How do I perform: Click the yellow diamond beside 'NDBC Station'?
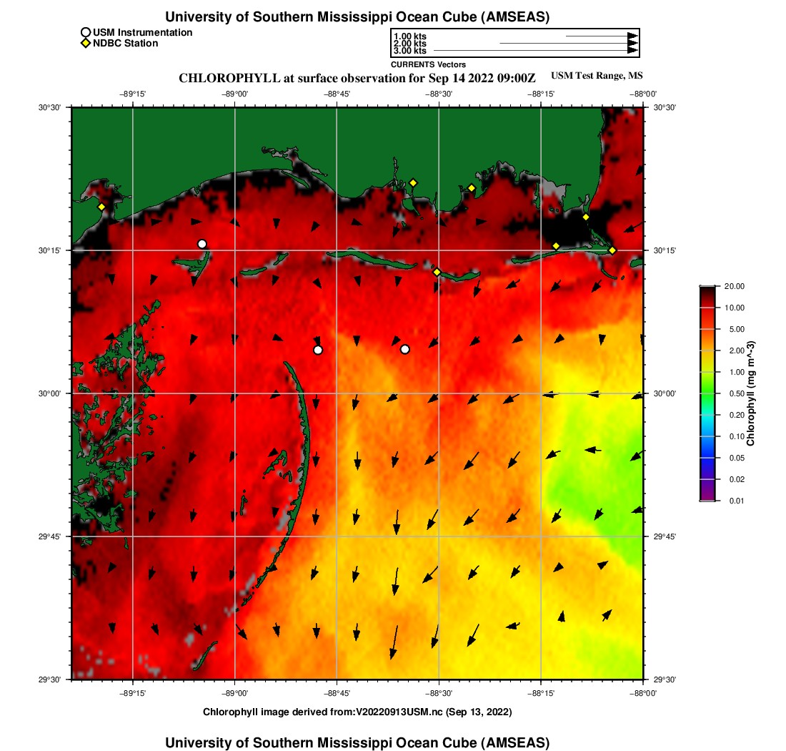click(x=85, y=44)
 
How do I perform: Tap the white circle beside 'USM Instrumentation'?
click(x=85, y=32)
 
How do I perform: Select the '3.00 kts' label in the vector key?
click(x=409, y=51)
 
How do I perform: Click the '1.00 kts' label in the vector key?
click(x=409, y=36)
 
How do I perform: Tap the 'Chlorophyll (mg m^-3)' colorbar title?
click(x=751, y=393)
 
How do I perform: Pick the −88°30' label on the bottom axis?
click(x=439, y=692)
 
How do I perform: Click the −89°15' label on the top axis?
click(x=133, y=94)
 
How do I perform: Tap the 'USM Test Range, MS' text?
click(x=597, y=76)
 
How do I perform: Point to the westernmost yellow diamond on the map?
click(x=101, y=207)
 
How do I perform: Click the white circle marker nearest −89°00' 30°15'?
click(x=202, y=244)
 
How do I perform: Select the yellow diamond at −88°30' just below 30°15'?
click(x=437, y=272)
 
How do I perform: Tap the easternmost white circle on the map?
click(x=405, y=349)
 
